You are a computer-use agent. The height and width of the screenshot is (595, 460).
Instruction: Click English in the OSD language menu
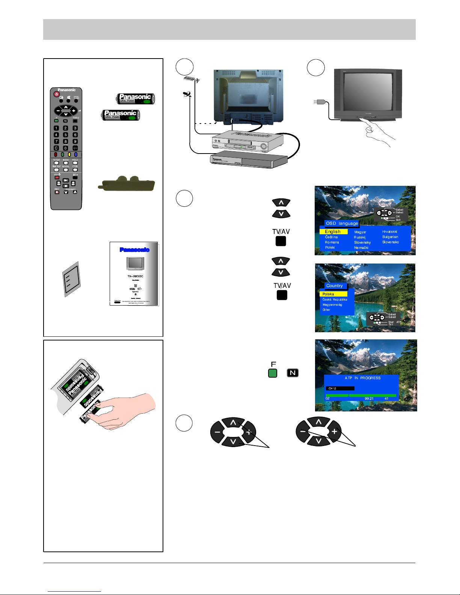coord(333,232)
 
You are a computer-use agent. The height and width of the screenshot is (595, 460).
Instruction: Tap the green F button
coord(273,373)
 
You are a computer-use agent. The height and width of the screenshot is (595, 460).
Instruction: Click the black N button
coord(293,373)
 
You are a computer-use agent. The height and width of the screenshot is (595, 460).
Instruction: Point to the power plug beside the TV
coord(319,101)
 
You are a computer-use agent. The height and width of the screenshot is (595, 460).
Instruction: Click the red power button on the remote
coord(57,94)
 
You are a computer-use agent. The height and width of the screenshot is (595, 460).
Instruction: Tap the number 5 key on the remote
coord(65,135)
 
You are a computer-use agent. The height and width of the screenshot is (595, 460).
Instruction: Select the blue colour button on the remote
coord(75,154)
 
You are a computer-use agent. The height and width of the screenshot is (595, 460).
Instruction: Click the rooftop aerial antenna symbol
coord(192,80)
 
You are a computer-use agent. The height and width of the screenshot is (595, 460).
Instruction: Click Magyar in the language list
coord(360,232)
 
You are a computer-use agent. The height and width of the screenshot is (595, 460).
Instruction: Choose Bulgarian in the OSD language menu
coord(390,237)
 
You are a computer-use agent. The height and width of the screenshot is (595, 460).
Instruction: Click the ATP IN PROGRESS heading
coord(362,378)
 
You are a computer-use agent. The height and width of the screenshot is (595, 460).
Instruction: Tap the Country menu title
coord(334,286)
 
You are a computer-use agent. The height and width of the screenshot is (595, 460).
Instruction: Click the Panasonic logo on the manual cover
coord(134,250)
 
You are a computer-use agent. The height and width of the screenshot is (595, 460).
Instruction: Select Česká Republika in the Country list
coord(335,300)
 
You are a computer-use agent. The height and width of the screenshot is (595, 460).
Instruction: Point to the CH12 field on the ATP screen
coord(340,389)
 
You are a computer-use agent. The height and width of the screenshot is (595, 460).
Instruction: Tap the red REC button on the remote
coord(57,192)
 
